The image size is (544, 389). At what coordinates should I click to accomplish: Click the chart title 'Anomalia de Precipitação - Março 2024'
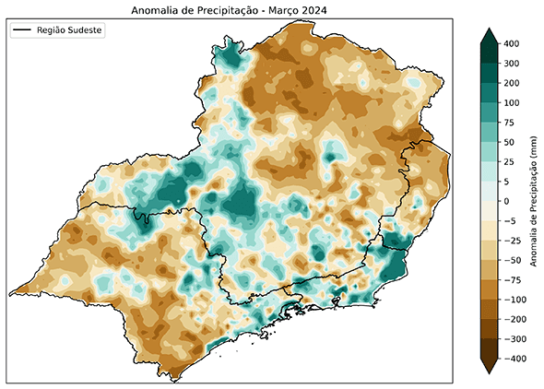pos(231,10)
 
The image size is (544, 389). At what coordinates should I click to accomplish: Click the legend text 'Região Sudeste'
pos(70,30)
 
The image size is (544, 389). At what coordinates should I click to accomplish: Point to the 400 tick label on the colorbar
pos(512,43)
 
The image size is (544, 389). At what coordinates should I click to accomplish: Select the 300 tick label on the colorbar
pos(512,64)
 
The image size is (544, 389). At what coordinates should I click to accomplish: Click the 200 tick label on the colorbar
pos(512,83)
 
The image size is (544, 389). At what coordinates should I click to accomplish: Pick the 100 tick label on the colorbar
pos(512,102)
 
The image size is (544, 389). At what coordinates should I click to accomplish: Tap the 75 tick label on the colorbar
pos(509,122)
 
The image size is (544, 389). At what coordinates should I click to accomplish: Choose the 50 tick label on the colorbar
pos(509,142)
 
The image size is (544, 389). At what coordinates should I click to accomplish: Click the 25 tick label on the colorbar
pos(509,161)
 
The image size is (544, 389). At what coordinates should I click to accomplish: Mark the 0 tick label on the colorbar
pos(506,201)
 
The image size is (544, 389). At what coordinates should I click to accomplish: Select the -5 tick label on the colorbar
pos(509,220)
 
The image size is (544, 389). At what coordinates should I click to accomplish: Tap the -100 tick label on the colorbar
pos(514,300)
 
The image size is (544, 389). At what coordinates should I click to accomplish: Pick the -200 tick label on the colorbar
pos(514,319)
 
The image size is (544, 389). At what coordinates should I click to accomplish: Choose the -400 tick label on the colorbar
pos(514,359)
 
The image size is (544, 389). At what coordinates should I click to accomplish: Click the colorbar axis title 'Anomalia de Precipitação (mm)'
pos(534,201)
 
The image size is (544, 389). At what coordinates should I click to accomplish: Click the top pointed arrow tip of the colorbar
pos(490,30)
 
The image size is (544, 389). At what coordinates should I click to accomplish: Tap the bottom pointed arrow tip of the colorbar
pos(490,371)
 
